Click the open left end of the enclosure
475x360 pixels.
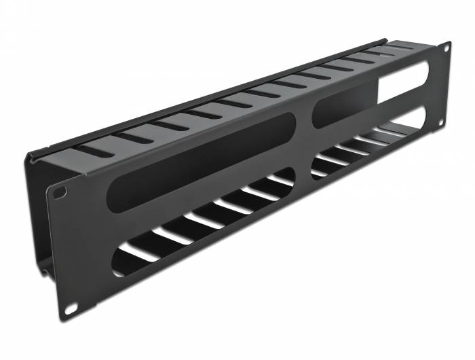(37, 217)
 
